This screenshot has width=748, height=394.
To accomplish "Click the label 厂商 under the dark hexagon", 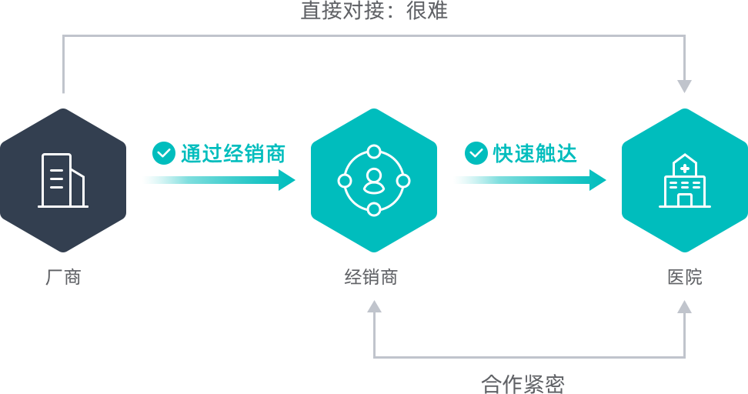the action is [63, 277].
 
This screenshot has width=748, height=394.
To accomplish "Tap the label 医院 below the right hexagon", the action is [685, 277].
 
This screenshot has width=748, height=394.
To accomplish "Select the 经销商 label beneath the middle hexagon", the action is [371, 277].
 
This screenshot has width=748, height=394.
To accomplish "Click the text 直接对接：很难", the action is [374, 11].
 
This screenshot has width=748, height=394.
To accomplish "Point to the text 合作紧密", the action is [523, 384].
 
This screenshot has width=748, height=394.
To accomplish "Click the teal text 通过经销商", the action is [233, 154].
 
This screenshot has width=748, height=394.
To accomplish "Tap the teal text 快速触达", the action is [535, 154].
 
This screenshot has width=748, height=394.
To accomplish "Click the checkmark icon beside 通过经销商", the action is [164, 153].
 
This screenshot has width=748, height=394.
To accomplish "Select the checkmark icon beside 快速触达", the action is [476, 153].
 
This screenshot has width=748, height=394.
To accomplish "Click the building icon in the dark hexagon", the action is [63, 180].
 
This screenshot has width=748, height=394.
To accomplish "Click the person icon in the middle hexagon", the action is [374, 182].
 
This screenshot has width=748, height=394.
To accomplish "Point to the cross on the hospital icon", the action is [685, 168].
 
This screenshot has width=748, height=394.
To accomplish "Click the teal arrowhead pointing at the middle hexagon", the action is [287, 180].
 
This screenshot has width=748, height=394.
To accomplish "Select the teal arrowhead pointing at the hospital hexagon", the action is [598, 180].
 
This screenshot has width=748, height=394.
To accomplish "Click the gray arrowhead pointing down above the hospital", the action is [685, 86].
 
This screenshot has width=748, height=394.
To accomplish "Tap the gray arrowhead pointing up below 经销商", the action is [374, 306].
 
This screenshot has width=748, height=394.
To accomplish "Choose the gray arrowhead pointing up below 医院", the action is [685, 306].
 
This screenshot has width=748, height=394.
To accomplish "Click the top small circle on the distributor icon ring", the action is [374, 152].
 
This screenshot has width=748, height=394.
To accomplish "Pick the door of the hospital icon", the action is [685, 200].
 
